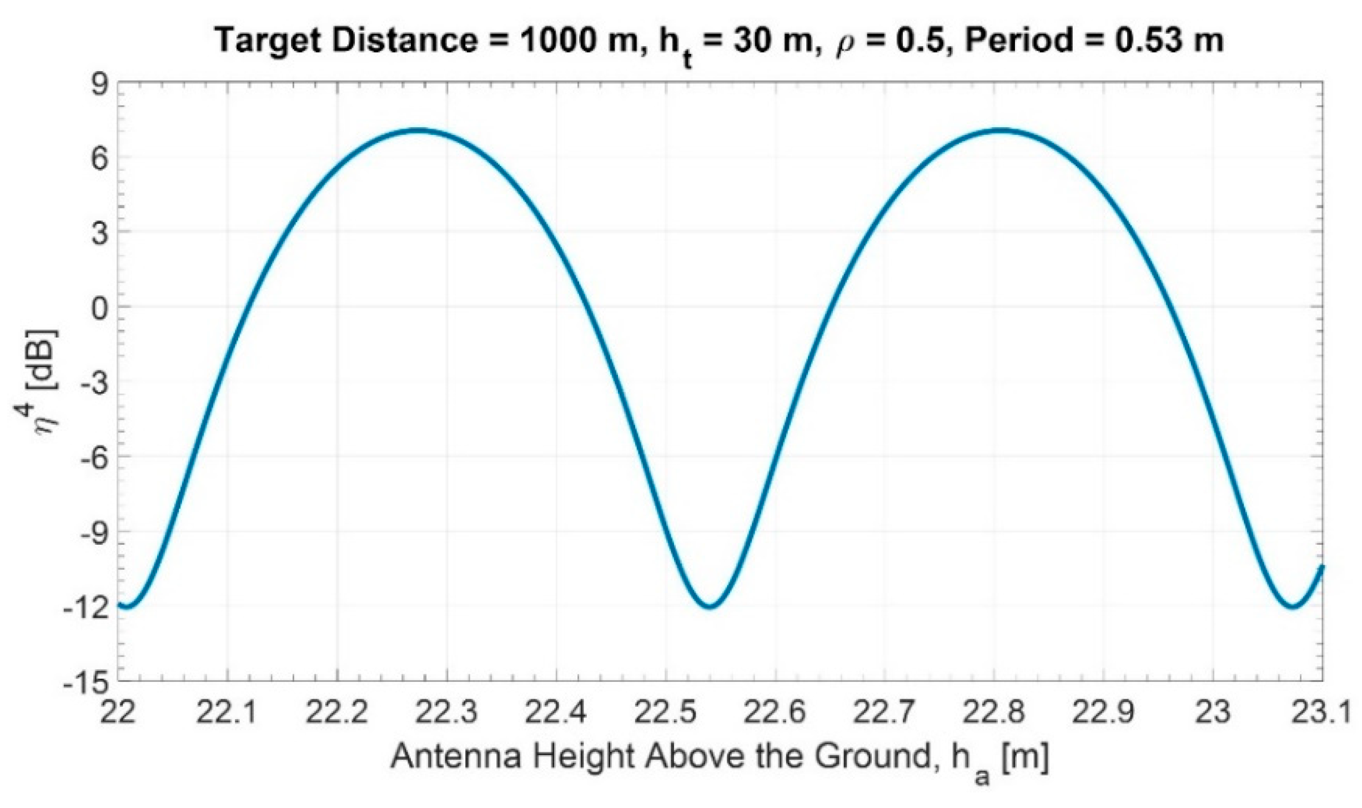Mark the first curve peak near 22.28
pos(421,131)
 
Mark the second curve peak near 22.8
pos(1002,131)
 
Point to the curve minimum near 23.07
pos(1293,606)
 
